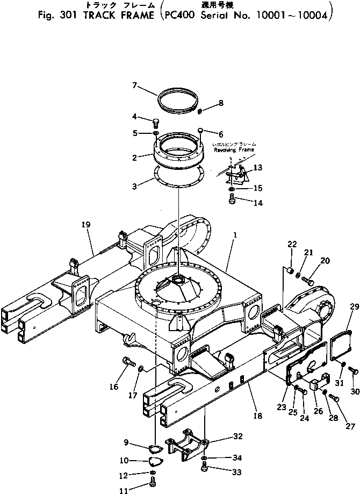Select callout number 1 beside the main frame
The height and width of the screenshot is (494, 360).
click(x=234, y=235)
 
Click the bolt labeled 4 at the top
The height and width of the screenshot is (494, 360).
click(x=155, y=121)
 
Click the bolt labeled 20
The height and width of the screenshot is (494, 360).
click(x=308, y=280)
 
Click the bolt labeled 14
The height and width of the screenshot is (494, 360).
click(x=232, y=200)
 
